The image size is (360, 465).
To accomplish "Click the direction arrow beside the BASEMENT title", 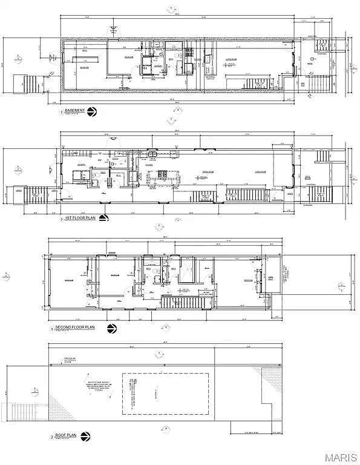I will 92,111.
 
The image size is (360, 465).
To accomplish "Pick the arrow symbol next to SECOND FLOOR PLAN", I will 111,329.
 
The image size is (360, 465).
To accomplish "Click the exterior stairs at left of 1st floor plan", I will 38,194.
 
